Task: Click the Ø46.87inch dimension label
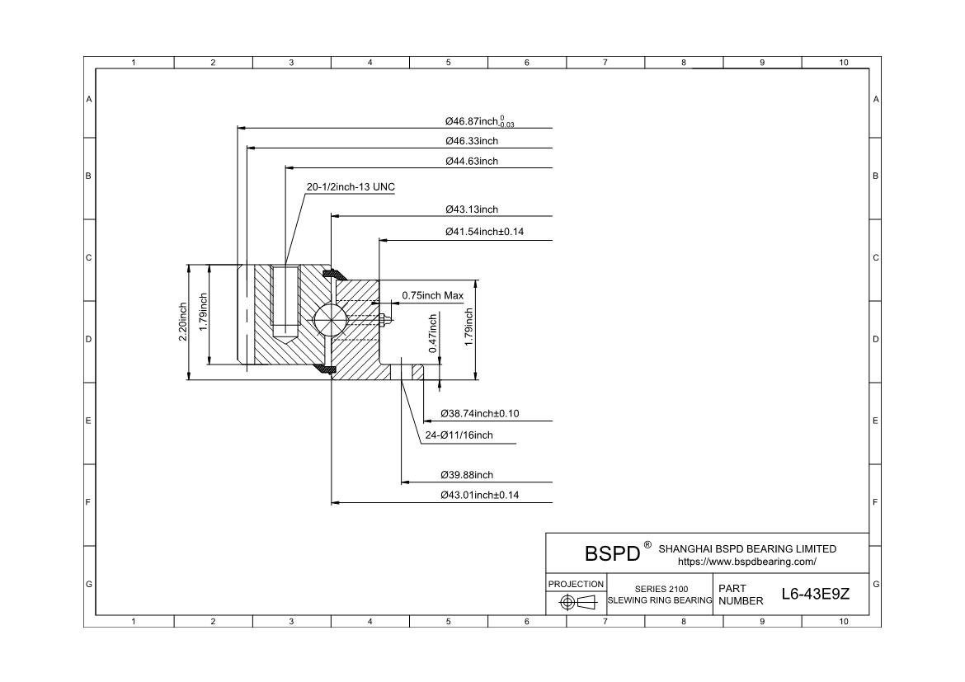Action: point(479,122)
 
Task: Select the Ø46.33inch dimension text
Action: point(472,141)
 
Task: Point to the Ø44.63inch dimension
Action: point(472,161)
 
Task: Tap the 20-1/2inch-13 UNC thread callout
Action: point(351,187)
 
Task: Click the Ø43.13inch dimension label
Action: point(472,209)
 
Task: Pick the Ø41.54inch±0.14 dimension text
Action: point(484,232)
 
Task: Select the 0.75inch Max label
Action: point(432,295)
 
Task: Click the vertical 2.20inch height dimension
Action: point(183,322)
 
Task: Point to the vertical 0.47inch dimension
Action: point(433,333)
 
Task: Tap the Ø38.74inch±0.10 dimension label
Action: point(480,413)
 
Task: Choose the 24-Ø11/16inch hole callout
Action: point(459,435)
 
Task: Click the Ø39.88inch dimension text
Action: point(467,475)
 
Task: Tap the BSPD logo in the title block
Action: point(612,553)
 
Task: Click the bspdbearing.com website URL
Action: point(746,562)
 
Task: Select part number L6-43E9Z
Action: point(816,595)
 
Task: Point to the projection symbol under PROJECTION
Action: point(577,602)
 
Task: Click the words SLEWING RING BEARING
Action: point(660,600)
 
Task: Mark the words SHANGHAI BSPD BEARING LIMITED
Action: point(747,548)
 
